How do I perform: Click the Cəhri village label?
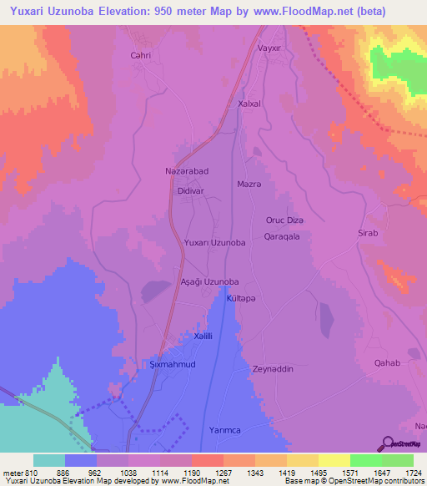140,55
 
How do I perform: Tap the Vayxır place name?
272,48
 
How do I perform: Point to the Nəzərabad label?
175,170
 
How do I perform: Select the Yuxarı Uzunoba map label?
214,242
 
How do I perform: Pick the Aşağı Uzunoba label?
210,282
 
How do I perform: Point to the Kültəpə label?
242,298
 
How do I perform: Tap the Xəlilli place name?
204,336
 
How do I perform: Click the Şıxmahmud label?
172,366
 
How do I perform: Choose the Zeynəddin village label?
274,368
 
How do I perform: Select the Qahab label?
388,362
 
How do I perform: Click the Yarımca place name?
214,431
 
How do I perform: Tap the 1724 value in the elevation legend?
414,472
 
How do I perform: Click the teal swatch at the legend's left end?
49,460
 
